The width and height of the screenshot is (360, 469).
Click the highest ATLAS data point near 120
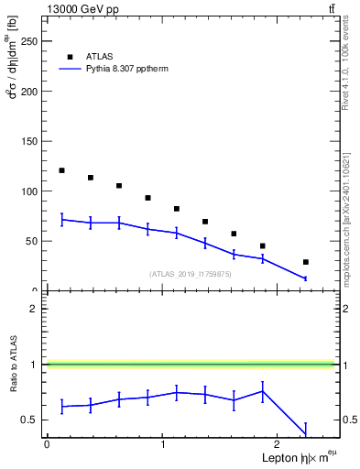pyautogui.click(x=61, y=170)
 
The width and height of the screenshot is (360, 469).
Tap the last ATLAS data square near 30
pyautogui.click(x=305, y=262)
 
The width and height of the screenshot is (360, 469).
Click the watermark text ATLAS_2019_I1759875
pyautogui.click(x=191, y=274)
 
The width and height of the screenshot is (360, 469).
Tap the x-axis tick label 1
pyautogui.click(x=163, y=444)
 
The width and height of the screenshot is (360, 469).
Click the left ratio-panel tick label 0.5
pyautogui.click(x=33, y=420)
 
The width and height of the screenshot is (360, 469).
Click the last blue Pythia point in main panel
pyautogui.click(x=305, y=278)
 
